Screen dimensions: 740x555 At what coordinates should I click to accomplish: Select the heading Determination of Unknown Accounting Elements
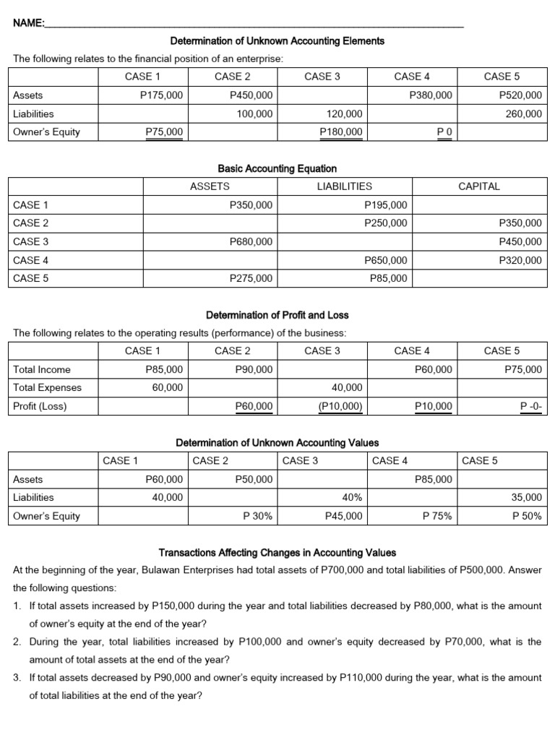pos(277,41)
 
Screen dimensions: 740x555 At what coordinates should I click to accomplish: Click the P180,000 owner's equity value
pos(341,132)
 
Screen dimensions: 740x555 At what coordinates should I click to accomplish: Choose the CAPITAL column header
pos(479,186)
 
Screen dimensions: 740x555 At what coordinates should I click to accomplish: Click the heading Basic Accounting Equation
pos(277,168)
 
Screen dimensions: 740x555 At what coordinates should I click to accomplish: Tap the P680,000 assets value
pos(250,242)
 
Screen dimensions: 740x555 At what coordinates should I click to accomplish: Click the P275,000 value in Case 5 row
pos(250,278)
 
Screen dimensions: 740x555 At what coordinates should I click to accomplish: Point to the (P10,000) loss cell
pos(340,406)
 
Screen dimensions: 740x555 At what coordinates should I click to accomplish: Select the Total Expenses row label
pos(48,387)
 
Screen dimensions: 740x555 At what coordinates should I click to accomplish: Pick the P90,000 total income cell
pos(254,369)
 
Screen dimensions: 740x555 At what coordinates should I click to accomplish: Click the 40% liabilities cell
pos(351,497)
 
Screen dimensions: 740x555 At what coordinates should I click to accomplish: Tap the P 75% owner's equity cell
pos(437,516)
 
